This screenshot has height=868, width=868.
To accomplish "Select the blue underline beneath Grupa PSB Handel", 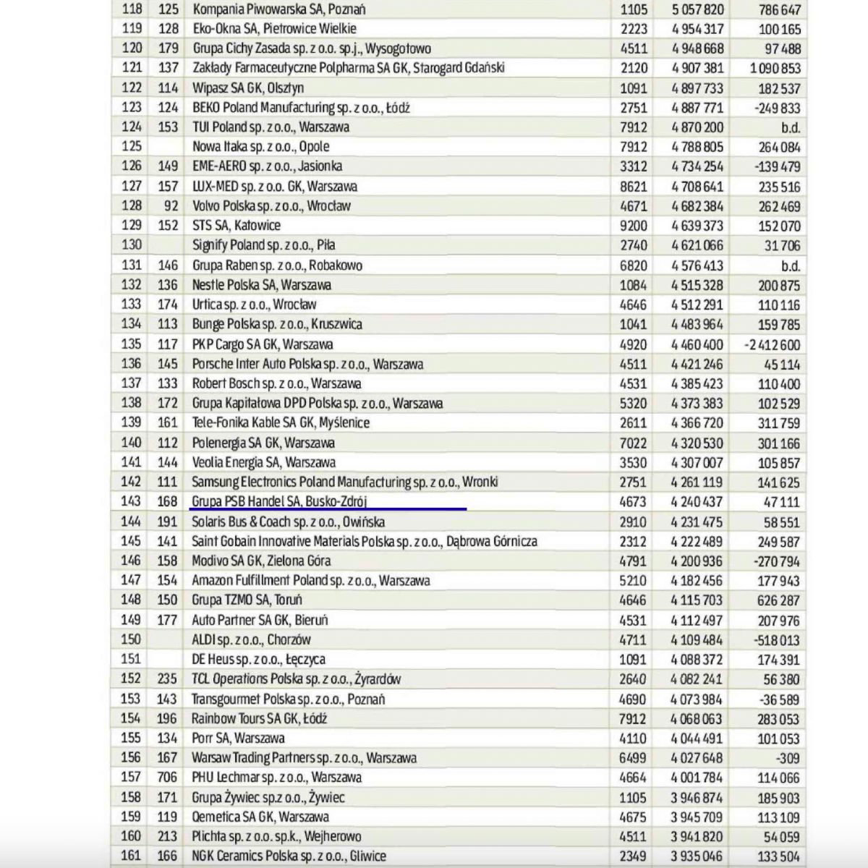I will pos(328,509).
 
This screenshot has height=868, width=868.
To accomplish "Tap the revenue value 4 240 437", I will pos(697,502).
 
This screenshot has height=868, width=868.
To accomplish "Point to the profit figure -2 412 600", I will pos(772,345).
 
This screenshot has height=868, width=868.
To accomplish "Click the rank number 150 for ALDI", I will pos(131,639).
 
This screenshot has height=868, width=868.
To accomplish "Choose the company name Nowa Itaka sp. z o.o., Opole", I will pos(260,147).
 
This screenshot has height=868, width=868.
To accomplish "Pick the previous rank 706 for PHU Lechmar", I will pos(167,778).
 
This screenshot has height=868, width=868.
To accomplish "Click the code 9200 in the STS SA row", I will pos(634,226).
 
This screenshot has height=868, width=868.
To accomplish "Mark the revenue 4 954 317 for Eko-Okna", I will pos(697,29).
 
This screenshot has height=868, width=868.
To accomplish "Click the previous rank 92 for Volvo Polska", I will pos(171,205).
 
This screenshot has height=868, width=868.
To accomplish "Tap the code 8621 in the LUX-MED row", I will pos(634,187).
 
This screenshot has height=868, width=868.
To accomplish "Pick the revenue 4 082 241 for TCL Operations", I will pos(697,679).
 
